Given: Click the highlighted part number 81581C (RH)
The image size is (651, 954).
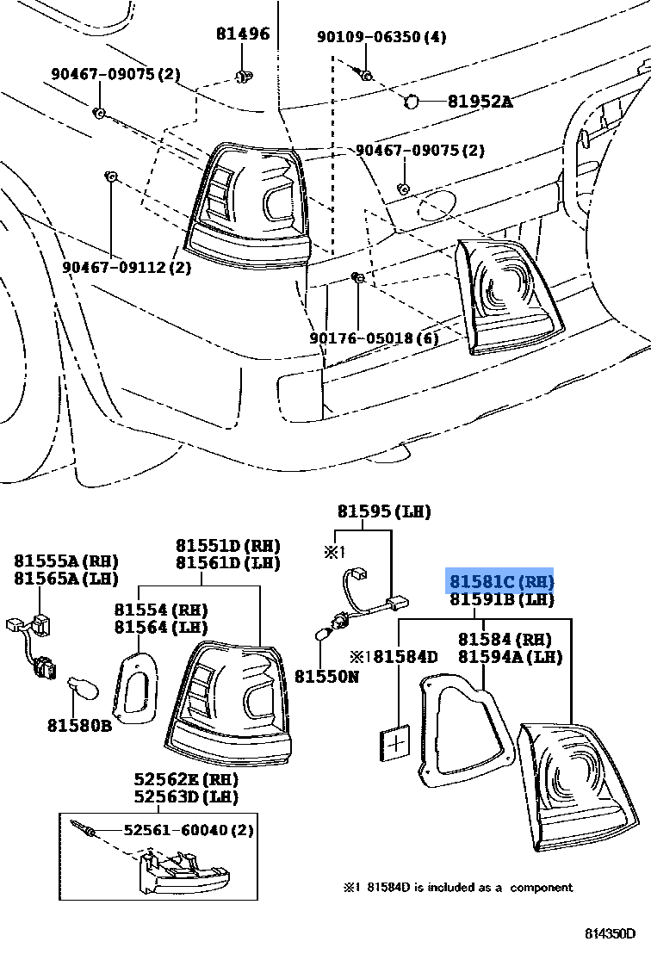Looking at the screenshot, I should click(499, 581).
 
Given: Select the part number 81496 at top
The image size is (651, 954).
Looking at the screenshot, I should click(243, 34).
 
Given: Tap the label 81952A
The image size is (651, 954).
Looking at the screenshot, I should click(479, 102).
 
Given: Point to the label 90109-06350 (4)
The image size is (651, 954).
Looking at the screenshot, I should click(381, 37).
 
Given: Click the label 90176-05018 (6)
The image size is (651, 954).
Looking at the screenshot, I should click(375, 338).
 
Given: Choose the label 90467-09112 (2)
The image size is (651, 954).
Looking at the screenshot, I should click(127, 267).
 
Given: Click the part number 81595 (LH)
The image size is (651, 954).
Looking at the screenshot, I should click(383, 511).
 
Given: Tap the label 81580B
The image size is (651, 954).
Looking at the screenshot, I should click(80, 726).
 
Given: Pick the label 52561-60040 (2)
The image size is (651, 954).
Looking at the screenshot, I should click(189, 830).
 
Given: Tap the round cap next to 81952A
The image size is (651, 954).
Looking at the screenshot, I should click(411, 102).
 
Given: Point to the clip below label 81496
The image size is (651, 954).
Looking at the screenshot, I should click(243, 78).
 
